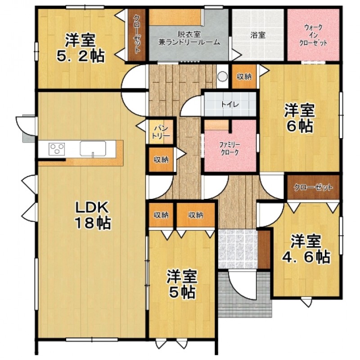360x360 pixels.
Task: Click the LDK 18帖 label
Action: pyautogui.click(x=93, y=216)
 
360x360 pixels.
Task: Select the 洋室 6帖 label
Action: pyautogui.click(x=300, y=118)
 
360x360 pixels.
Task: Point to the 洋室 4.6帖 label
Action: pyautogui.click(x=306, y=249)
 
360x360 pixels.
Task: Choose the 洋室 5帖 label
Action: pyautogui.click(x=182, y=284)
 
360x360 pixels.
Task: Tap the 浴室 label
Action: pyautogui.click(x=258, y=35)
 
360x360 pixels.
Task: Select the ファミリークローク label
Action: pyautogui.click(x=229, y=148)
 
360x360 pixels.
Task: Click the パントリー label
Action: pyautogui.click(x=161, y=131)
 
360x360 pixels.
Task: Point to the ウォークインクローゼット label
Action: pyautogui.click(x=313, y=35)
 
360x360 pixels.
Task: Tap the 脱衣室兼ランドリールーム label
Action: pyautogui.click(x=189, y=38)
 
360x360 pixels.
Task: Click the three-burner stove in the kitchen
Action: pyautogui.click(x=57, y=149)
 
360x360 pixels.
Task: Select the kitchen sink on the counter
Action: pyautogui.click(x=93, y=149)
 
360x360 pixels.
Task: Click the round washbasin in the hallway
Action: pyautogui.click(x=222, y=76)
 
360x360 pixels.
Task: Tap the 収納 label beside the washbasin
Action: pyautogui.click(x=244, y=77)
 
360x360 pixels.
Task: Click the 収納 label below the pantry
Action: pyautogui.click(x=161, y=160)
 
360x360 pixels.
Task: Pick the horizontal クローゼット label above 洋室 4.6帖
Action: pyautogui.click(x=313, y=187)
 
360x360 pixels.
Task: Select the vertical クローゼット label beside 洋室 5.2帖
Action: pyautogui.click(x=137, y=34)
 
